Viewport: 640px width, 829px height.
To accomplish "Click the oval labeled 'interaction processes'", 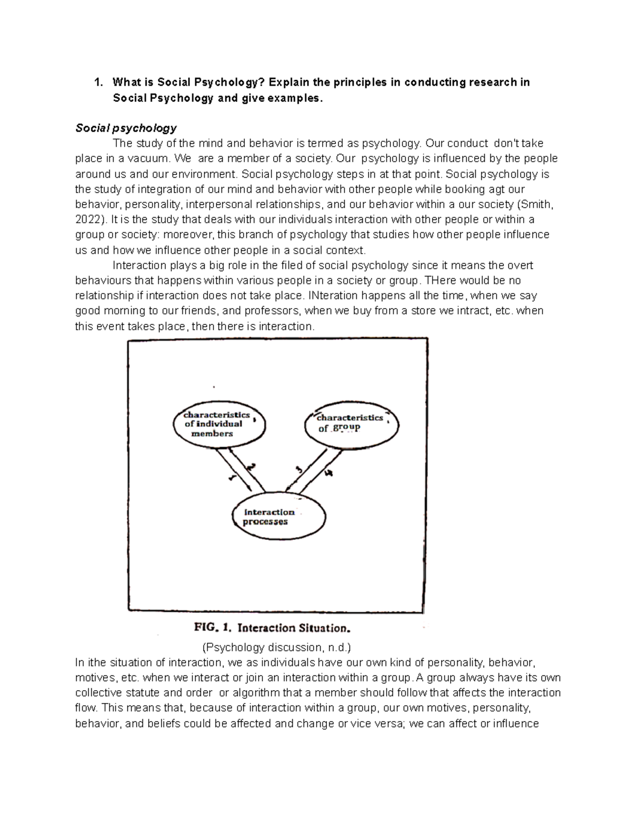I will (278, 517).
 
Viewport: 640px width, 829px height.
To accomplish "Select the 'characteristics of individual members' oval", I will (219, 424).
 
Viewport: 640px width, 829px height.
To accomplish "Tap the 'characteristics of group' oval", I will (351, 423).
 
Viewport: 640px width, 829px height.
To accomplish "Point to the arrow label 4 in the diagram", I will (328, 472).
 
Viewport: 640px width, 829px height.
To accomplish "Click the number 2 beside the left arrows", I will (251, 466).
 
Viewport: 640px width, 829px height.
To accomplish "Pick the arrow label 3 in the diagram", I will (299, 469).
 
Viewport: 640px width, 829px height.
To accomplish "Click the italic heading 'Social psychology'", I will (126, 128).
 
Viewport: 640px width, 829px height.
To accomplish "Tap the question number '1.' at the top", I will (98, 82).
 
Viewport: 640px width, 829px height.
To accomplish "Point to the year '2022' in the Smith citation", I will (90, 219).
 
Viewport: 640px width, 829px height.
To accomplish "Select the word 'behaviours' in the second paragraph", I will (101, 281).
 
